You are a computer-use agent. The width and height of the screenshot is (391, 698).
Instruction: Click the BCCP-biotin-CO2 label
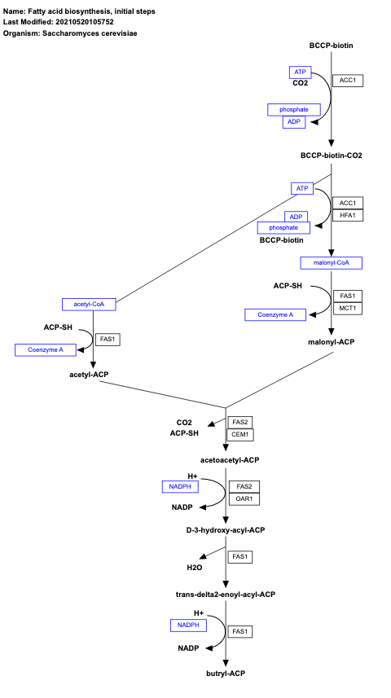pyautogui.click(x=331, y=155)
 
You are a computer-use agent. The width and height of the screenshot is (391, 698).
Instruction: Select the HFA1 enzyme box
pyautogui.click(x=348, y=215)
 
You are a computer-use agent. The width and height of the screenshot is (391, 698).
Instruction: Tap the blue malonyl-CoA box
pyautogui.click(x=331, y=262)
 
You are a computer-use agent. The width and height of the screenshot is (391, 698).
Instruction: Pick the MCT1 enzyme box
pyautogui.click(x=348, y=308)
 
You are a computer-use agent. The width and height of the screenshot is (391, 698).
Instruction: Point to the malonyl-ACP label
pyautogui.click(x=331, y=343)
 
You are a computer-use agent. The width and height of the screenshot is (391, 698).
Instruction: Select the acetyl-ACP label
pyautogui.click(x=89, y=374)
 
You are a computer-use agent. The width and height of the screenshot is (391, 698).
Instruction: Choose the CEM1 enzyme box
pyautogui.click(x=240, y=434)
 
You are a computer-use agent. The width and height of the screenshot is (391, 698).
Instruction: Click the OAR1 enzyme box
pyautogui.click(x=240, y=498)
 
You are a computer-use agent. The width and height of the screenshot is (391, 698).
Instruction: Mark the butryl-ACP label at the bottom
pyautogui.click(x=226, y=674)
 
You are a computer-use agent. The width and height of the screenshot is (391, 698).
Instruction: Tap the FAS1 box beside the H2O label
pyautogui.click(x=240, y=556)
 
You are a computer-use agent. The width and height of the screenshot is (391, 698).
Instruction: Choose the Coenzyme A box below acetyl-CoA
pyautogui.click(x=39, y=349)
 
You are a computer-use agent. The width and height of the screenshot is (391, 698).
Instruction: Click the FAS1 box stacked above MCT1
pyautogui.click(x=348, y=295)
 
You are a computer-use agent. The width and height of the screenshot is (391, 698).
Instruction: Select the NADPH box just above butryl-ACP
pyautogui.click(x=187, y=625)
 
